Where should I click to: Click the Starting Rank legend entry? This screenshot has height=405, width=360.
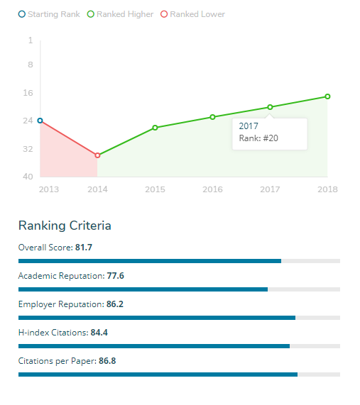point(48,14)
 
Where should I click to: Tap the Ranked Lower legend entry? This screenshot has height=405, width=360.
point(192,14)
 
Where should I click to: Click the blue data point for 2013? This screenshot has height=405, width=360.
point(40,121)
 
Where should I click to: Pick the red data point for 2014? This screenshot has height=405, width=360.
point(97,155)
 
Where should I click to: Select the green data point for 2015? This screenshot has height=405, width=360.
point(155,128)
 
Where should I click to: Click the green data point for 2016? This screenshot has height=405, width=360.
point(212,117)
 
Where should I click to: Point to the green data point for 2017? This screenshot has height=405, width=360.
point(270,107)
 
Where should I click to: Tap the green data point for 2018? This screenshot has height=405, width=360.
point(327,96)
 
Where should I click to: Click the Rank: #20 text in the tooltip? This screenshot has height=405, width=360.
point(258,138)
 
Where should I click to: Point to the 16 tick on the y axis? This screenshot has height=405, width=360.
point(29,93)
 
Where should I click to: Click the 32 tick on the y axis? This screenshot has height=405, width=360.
point(29,149)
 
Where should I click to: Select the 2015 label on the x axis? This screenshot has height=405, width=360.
point(155,189)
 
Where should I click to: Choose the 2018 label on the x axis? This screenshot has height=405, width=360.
point(327,189)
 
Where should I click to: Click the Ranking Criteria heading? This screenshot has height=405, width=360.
point(65,226)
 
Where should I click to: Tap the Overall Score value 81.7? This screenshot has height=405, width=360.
point(84,248)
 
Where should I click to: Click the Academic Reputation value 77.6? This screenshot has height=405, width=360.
point(115,275)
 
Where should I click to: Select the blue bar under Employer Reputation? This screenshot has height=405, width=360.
point(156,318)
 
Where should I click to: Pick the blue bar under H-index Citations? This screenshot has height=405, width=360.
point(153,346)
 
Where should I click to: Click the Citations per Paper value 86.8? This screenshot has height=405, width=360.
point(107,361)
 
